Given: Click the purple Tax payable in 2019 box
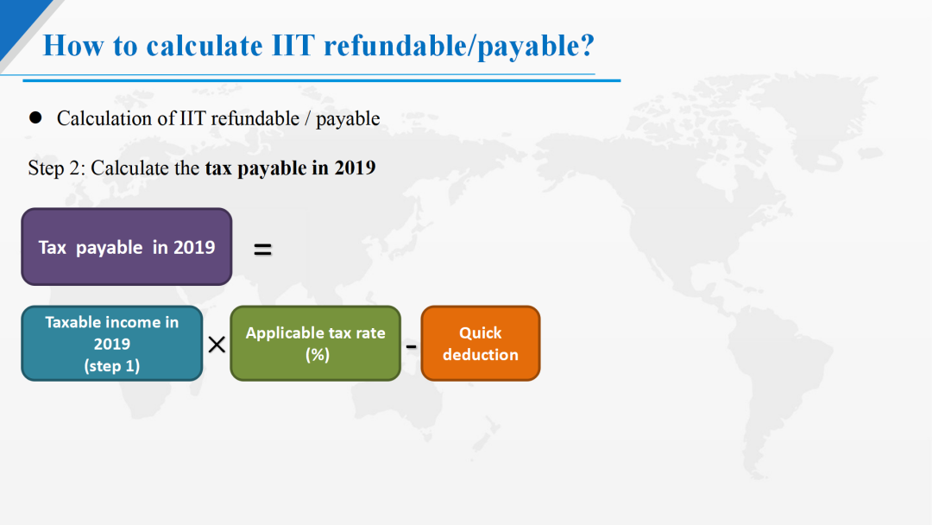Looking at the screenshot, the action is point(127,247).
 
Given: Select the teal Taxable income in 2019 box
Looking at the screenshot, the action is point(111,344).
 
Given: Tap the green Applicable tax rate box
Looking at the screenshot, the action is point(316,344).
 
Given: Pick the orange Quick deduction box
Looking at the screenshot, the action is point(481,344).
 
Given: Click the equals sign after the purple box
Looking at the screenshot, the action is point(262,250).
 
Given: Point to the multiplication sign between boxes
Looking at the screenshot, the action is point(217,345).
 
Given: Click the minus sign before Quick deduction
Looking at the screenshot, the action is point(411,345).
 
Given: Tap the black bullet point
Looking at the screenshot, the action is point(35,117).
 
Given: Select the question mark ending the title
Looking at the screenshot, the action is point(588,46).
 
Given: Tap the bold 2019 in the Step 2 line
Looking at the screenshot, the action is point(355,168).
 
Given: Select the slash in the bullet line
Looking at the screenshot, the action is point(307,118).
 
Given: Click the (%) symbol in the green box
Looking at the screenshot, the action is point(318,355).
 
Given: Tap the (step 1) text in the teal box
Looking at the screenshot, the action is point(111,365).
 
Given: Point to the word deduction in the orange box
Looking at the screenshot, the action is point(481,355).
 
